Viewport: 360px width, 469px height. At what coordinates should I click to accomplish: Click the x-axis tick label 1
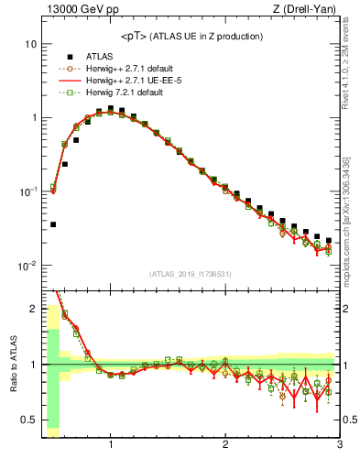coord(111,445)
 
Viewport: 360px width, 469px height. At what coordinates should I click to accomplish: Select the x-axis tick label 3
coord(339,445)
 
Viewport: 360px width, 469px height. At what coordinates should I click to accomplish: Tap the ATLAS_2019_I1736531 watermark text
coord(191,274)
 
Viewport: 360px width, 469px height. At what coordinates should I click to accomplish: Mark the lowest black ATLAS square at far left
coord(53,224)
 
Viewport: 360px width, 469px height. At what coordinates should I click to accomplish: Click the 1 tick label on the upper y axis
coord(33,118)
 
